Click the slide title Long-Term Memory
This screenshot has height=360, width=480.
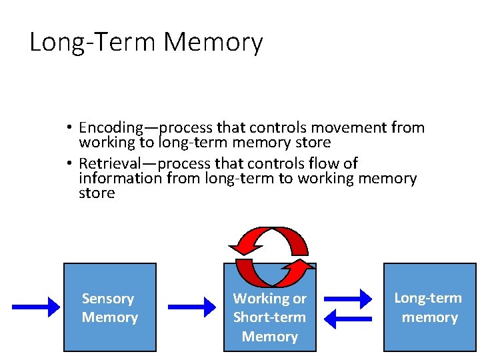[x=146, y=43]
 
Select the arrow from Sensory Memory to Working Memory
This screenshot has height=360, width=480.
[x=195, y=307]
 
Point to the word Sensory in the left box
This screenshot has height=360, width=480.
[x=108, y=299]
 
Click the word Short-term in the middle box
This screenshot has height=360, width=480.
[x=269, y=317]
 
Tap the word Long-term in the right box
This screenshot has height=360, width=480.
[x=428, y=298]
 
